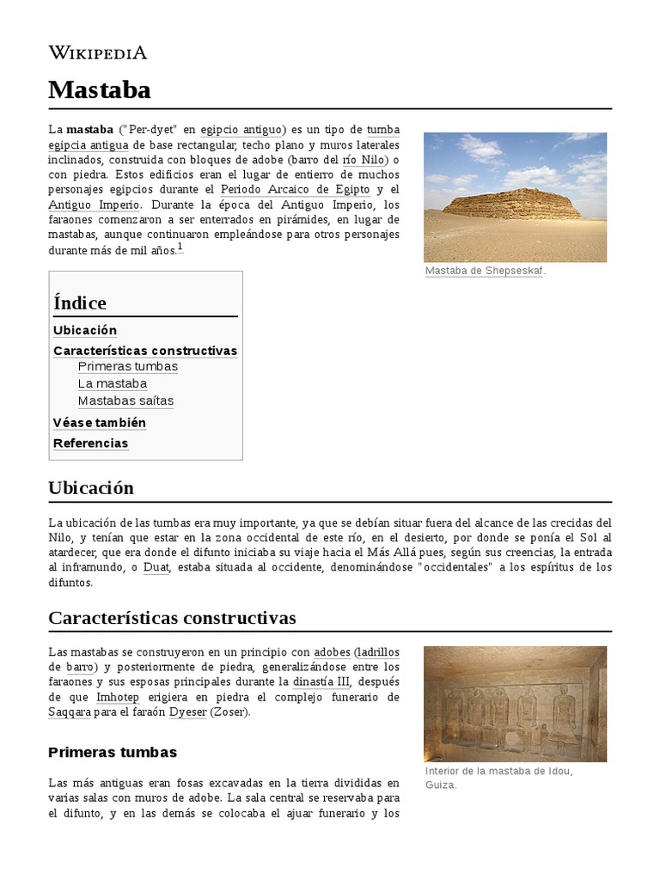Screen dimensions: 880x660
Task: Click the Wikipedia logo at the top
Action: pyautogui.click(x=97, y=52)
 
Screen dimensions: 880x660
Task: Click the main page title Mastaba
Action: pyautogui.click(x=100, y=89)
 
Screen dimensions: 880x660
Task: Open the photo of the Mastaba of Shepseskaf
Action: pyautogui.click(x=515, y=197)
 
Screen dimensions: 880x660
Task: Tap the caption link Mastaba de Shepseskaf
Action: pyautogui.click(x=485, y=272)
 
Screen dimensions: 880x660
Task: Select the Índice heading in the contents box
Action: pyautogui.click(x=80, y=302)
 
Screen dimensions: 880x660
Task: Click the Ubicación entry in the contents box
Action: pyautogui.click(x=85, y=330)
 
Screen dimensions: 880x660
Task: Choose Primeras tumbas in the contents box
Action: pyautogui.click(x=127, y=366)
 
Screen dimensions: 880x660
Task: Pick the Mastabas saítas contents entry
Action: pyautogui.click(x=125, y=400)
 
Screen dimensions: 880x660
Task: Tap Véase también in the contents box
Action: pyautogui.click(x=100, y=423)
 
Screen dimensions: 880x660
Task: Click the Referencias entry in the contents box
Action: pyautogui.click(x=90, y=443)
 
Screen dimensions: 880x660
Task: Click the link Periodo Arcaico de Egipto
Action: pyautogui.click(x=295, y=189)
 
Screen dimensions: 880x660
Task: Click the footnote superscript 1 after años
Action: pyautogui.click(x=180, y=247)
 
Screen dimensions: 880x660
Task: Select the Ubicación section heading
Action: pyautogui.click(x=91, y=488)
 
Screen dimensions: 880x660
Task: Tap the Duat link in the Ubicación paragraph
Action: pyautogui.click(x=156, y=567)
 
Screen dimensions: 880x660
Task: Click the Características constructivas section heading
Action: pyautogui.click(x=172, y=618)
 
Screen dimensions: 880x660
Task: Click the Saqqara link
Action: pyautogui.click(x=70, y=712)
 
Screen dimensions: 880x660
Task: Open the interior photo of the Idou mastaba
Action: pyautogui.click(x=515, y=704)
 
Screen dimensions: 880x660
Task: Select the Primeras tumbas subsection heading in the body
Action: pyautogui.click(x=113, y=752)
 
